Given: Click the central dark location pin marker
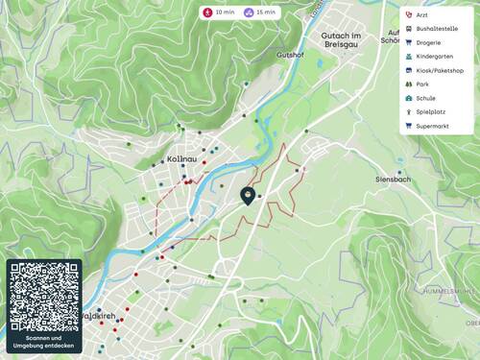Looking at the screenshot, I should click(248, 196).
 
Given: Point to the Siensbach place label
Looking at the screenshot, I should click(394, 180).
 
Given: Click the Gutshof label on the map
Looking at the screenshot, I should click(290, 56).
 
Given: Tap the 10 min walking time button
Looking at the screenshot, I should click(218, 12).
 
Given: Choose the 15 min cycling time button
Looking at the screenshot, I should click(260, 12).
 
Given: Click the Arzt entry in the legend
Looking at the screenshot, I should click(422, 14).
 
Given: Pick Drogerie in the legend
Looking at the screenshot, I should click(430, 42).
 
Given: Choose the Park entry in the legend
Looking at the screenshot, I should click(422, 84).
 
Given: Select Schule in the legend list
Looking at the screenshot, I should click(426, 98).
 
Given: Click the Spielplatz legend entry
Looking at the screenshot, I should click(431, 112).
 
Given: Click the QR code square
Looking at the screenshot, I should click(44, 296).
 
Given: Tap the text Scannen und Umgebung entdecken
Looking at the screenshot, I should click(44, 343).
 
